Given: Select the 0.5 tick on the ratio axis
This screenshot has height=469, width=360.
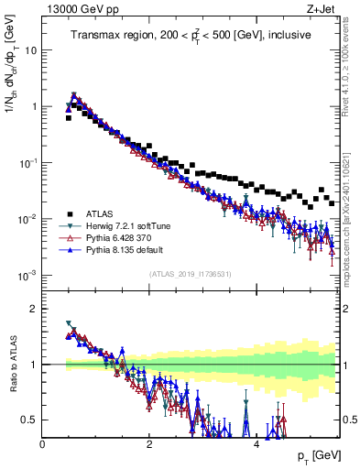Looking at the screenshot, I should coord(30,420).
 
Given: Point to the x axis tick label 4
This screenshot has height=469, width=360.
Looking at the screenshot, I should coord(256,444).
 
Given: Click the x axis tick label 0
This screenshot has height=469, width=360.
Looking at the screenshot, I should coord(43,444).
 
